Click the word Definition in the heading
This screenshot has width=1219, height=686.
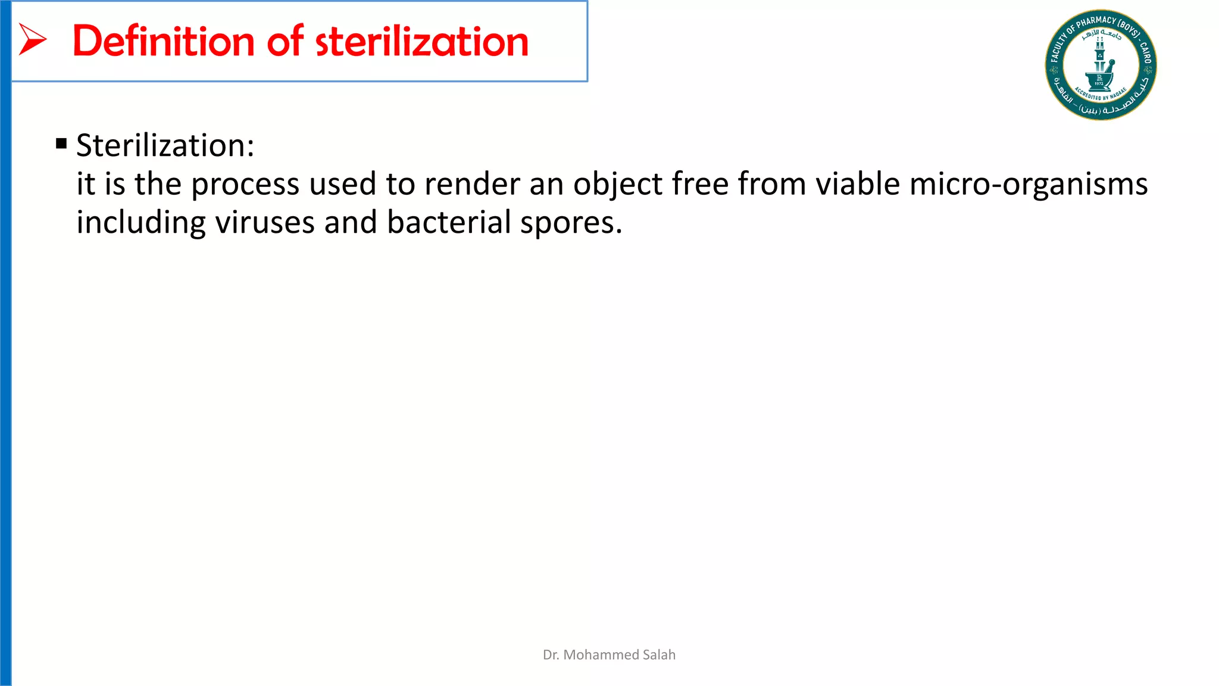point(164,41)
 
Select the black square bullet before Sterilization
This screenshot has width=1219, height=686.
point(61,144)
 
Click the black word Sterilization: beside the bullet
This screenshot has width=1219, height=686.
point(165,145)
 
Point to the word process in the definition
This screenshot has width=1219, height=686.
point(245,184)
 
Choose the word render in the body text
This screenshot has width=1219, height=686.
point(472,184)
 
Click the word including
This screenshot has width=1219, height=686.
point(141,222)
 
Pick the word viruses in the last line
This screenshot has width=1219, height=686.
point(264,222)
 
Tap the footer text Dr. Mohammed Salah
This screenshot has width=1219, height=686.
point(609,654)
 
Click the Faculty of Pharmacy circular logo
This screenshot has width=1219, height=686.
point(1101,65)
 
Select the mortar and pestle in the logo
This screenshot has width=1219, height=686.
point(1099,76)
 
